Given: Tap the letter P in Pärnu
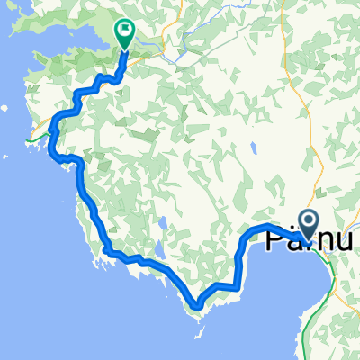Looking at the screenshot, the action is tap(275, 238).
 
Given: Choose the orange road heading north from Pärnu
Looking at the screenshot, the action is tap(311, 135).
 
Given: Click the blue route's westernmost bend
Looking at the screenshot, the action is tap(53, 126).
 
